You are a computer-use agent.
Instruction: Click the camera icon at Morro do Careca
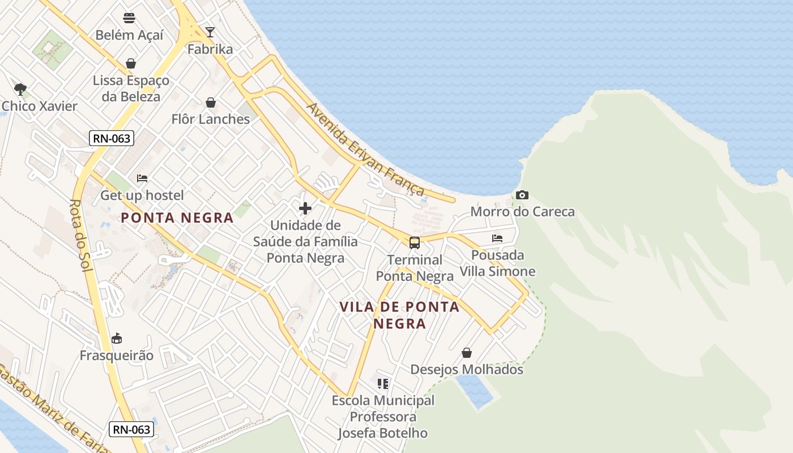pyautogui.click(x=522, y=195)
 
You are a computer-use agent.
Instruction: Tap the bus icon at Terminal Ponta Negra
pyautogui.click(x=415, y=243)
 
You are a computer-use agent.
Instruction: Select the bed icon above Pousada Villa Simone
pyautogui.click(x=497, y=238)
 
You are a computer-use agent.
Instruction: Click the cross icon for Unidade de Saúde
pyautogui.click(x=305, y=208)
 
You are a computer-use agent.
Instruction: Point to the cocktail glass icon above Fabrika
pyautogui.click(x=210, y=32)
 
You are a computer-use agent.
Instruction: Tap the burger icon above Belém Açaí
pyautogui.click(x=129, y=18)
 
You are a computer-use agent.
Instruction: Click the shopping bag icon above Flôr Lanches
pyautogui.click(x=211, y=102)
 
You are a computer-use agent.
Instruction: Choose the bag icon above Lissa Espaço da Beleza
pyautogui.click(x=131, y=63)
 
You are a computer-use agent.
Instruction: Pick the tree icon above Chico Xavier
pyautogui.click(x=20, y=89)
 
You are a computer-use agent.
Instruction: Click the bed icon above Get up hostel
pyautogui.click(x=142, y=178)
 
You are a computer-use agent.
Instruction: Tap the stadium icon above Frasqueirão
pyautogui.click(x=117, y=339)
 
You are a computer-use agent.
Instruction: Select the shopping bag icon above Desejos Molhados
pyautogui.click(x=467, y=353)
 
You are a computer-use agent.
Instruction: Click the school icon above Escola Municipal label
pyautogui.click(x=383, y=384)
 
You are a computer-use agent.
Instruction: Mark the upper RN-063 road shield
pyautogui.click(x=111, y=138)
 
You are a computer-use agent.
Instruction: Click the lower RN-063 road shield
pyautogui.click(x=131, y=429)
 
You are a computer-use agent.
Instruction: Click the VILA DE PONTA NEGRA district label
pyautogui.click(x=399, y=315)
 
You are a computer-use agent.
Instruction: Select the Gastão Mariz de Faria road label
pyautogui.click(x=51, y=408)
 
